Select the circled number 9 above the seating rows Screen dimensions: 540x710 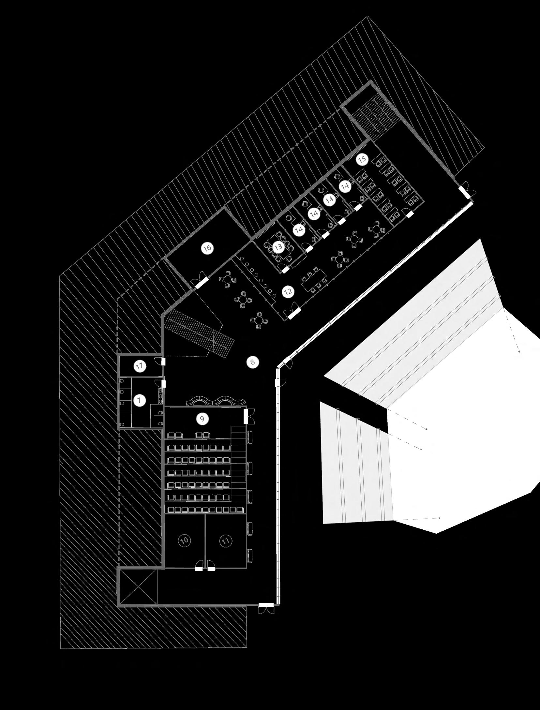pos(202,419)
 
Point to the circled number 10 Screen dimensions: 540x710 pos(184,540)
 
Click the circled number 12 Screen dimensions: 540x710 pos(287,292)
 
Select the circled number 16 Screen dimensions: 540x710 pos(207,248)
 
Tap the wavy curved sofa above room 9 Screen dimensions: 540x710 pos(217,401)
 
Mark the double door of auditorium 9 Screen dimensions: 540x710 pos(247,416)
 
